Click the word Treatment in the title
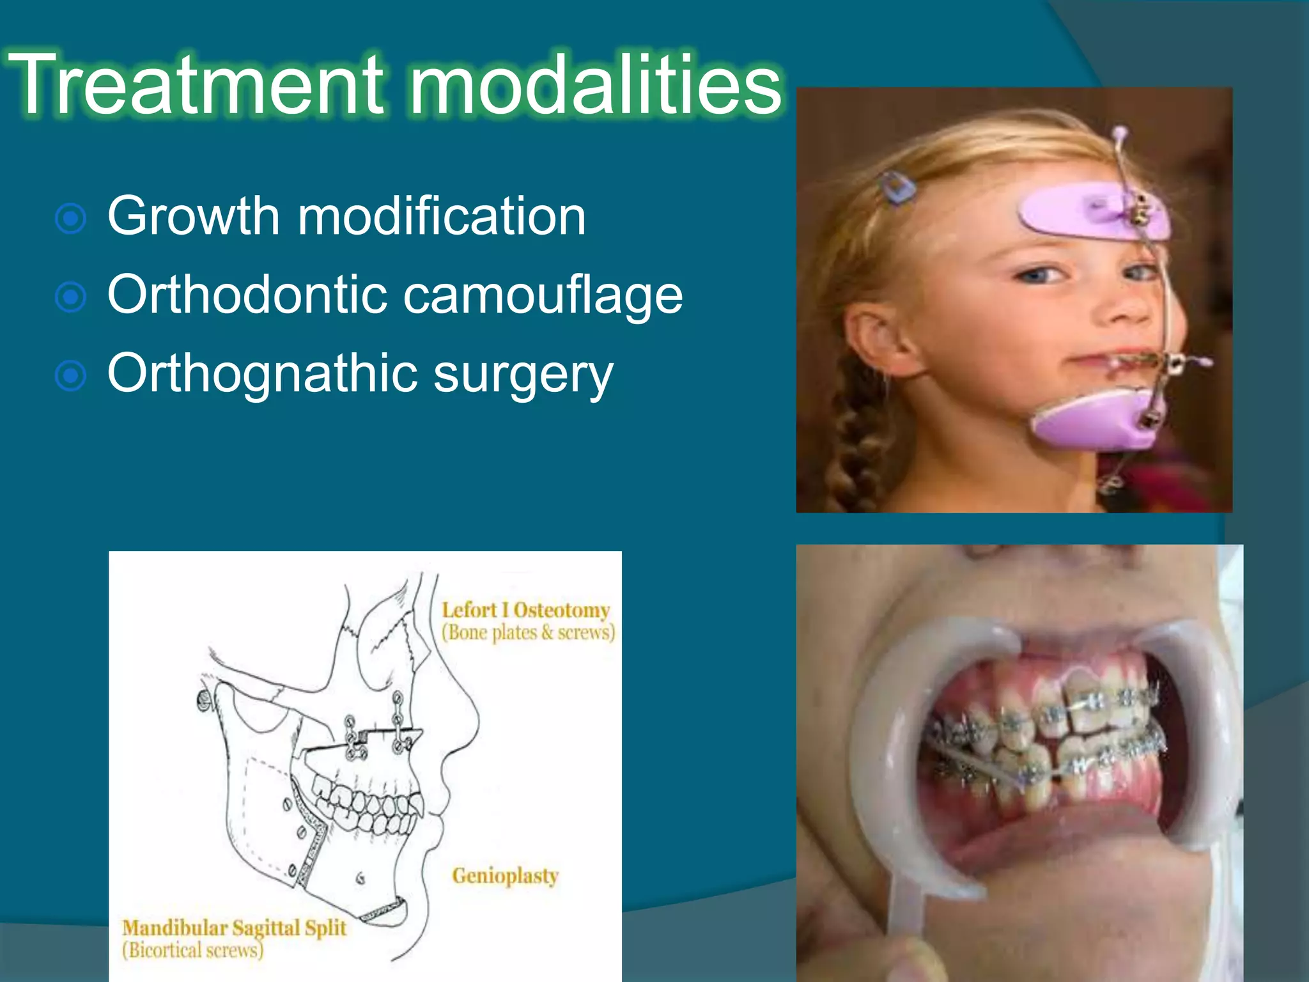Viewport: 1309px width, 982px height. coord(195,84)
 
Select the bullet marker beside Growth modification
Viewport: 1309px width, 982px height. coord(71,219)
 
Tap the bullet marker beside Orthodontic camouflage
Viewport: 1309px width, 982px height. coord(71,297)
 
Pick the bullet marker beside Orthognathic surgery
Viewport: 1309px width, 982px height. coord(71,376)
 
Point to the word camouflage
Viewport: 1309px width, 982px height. coord(543,295)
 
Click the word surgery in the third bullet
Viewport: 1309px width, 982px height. coord(523,374)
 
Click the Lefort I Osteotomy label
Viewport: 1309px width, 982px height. coord(525,610)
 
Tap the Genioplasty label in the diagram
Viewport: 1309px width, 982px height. coord(505,875)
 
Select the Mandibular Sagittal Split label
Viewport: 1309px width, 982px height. coord(234,927)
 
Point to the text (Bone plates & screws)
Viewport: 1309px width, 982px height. coord(528,632)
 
